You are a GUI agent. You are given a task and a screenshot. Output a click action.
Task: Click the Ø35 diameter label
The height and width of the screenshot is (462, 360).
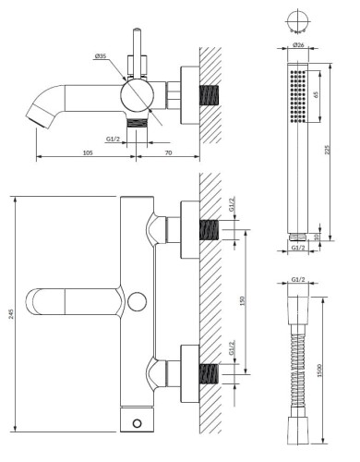101,56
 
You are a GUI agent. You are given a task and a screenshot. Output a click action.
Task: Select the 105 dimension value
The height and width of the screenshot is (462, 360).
88,152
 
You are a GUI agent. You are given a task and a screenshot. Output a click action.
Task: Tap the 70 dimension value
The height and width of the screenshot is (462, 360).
168,152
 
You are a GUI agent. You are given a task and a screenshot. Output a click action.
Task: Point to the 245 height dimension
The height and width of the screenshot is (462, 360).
11,314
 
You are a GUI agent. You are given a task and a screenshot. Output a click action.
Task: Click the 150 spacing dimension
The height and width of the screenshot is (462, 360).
242,300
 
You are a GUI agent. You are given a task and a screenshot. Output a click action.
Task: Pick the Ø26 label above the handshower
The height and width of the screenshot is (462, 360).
298,45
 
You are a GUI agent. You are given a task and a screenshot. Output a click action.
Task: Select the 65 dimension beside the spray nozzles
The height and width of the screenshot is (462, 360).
316,94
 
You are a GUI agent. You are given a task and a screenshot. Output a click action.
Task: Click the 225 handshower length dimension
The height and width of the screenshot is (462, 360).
327,150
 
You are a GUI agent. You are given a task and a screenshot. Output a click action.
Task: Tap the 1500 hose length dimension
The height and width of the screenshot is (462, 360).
319,371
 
